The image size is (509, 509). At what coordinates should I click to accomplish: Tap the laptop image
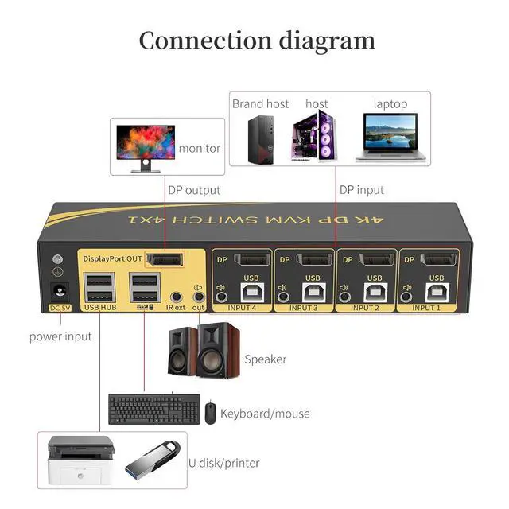click(390, 136)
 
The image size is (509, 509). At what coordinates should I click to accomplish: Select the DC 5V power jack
click(57, 292)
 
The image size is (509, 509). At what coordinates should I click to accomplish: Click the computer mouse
click(210, 413)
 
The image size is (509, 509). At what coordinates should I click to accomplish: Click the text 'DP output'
click(194, 190)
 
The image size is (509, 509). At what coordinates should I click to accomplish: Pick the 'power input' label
click(60, 336)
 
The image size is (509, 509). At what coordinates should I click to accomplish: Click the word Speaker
click(265, 359)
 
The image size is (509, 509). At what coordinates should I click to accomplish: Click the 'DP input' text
click(362, 190)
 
